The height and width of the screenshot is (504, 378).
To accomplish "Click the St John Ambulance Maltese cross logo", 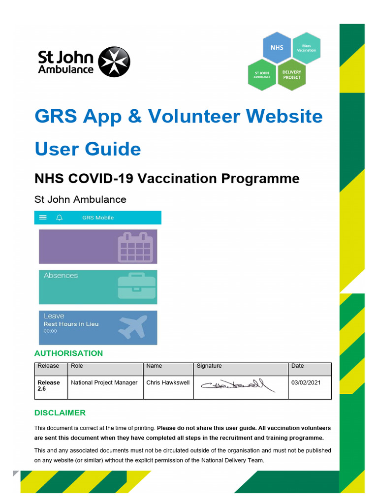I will click(114, 63).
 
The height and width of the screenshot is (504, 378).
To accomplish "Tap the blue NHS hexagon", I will click(277, 48).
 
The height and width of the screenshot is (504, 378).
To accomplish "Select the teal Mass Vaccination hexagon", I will click(306, 48).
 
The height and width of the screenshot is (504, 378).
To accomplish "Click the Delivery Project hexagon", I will click(291, 74).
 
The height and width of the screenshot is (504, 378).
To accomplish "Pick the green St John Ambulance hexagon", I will click(262, 75).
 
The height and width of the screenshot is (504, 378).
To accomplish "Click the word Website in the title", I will click(284, 116).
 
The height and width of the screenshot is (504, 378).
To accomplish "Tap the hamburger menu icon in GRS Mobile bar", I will click(43, 218).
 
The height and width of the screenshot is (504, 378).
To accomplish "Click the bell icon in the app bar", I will click(60, 218).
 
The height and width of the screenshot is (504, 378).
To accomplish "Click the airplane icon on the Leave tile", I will click(133, 326).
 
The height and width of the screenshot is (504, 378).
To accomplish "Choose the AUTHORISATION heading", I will click(68, 353).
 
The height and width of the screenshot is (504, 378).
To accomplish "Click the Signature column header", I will click(209, 366).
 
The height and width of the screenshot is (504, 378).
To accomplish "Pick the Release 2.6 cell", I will click(49, 385).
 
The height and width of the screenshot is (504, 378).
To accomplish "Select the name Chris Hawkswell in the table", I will click(168, 382).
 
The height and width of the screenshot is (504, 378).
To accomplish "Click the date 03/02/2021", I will click(306, 382).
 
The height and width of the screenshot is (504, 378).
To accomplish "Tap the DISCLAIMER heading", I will click(60, 413).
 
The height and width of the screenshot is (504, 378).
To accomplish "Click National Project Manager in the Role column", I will click(104, 382).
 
